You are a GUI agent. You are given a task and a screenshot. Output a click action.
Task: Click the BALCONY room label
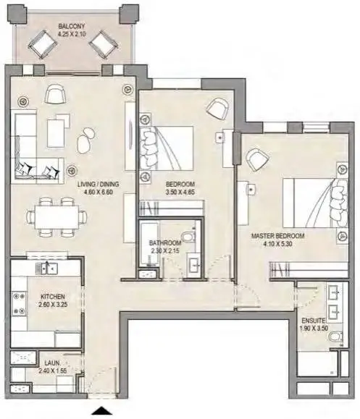(72, 26)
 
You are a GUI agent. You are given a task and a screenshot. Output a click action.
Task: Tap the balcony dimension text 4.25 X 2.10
(72, 34)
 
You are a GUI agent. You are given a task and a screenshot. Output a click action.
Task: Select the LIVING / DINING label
(99, 184)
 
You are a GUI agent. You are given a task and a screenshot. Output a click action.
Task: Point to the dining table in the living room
(57, 216)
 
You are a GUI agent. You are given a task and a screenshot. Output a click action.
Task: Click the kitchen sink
(47, 268)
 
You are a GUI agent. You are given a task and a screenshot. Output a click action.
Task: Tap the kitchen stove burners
(20, 303)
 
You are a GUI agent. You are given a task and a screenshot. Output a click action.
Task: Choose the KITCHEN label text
(53, 297)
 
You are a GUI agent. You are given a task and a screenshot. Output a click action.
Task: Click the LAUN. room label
(52, 363)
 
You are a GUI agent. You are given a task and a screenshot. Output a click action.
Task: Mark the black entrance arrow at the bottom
(101, 410)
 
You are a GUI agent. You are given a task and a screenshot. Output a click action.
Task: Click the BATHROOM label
(165, 243)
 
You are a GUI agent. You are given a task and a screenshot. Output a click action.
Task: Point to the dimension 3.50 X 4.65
(180, 192)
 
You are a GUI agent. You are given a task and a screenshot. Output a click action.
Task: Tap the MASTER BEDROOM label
(277, 236)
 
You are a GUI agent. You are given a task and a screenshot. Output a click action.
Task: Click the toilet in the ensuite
(335, 337)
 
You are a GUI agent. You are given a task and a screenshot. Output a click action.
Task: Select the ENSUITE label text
(314, 321)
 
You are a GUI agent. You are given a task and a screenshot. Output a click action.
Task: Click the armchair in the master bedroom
(257, 159)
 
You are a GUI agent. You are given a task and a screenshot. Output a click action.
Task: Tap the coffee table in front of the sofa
(56, 133)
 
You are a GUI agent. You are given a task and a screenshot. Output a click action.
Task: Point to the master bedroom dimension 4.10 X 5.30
(277, 244)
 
